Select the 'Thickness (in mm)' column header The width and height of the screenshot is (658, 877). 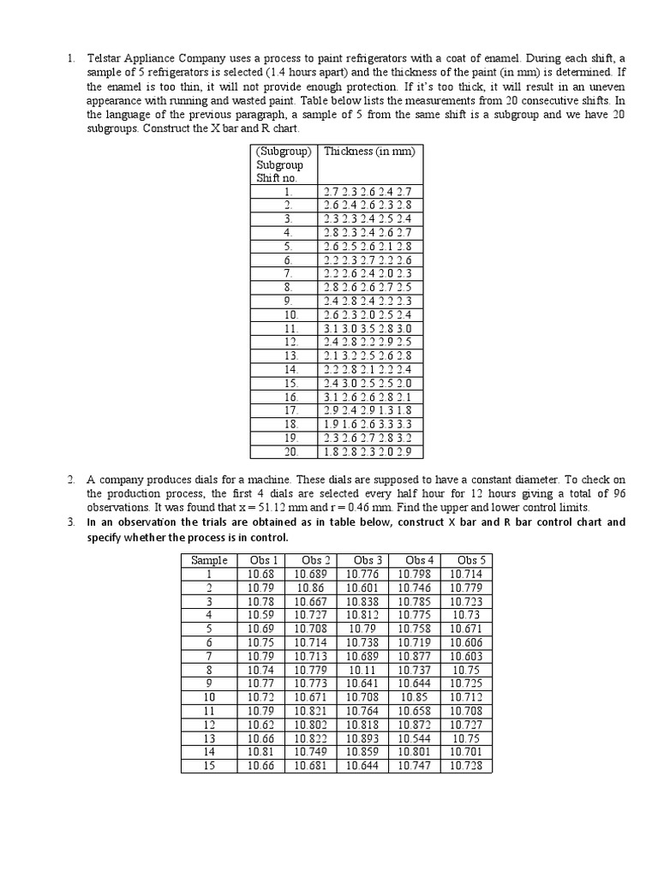369,152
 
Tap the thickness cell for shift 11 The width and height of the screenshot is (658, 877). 369,328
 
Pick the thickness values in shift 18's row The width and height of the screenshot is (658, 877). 369,424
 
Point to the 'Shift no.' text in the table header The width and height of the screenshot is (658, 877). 275,177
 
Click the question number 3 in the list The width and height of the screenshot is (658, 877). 72,522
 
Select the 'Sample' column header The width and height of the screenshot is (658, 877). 209,561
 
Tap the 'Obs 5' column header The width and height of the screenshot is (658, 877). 467,561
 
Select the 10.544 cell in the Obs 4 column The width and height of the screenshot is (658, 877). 416,738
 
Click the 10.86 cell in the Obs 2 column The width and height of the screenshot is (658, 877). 313,588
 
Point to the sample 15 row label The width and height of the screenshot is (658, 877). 209,766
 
